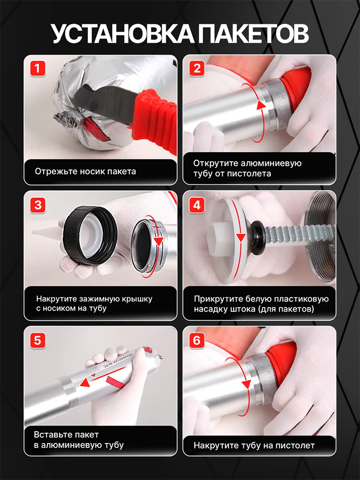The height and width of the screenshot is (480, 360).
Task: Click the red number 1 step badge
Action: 37,69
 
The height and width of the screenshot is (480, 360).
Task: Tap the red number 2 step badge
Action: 197,69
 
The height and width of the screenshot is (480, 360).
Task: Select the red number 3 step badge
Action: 37,205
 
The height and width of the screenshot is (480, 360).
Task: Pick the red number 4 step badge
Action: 197,205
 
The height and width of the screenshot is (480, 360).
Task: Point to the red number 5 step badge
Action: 37,340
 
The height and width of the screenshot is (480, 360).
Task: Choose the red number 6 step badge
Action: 197,340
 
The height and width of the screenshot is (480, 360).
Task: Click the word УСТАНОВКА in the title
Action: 122,34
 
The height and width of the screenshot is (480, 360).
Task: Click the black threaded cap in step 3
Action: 90,235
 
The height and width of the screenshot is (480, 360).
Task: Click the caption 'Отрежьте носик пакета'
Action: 85,171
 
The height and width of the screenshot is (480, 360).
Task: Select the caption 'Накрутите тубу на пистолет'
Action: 254,445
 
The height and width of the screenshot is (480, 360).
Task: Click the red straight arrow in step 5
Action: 98,376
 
